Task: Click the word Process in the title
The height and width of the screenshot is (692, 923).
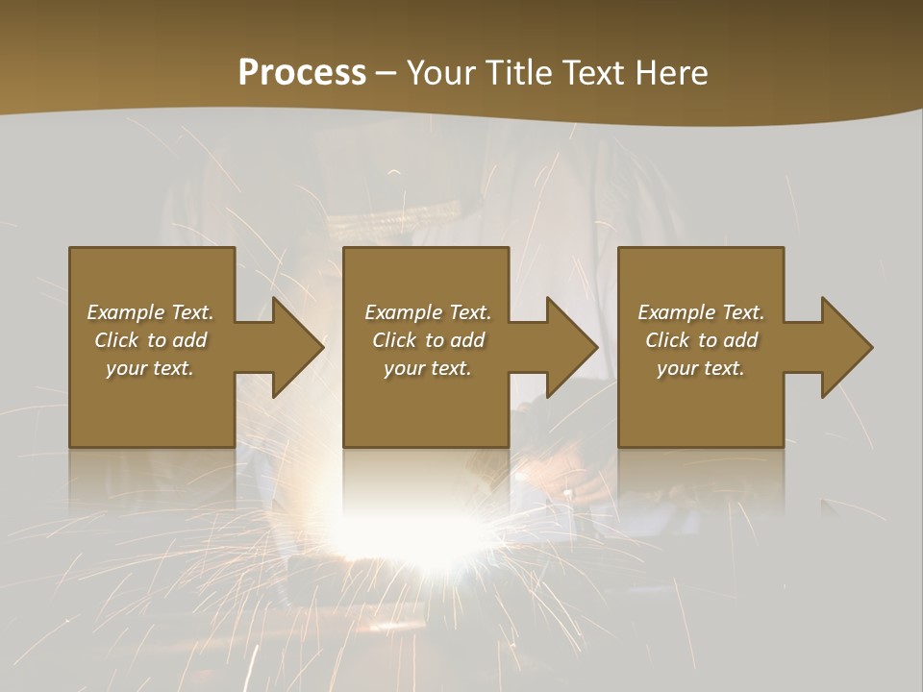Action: [302, 73]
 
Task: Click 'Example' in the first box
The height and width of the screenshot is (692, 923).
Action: [125, 312]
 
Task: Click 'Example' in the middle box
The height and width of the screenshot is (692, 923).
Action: [403, 312]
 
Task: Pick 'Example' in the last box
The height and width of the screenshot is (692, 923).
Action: [676, 312]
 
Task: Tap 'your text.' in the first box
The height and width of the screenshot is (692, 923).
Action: [150, 368]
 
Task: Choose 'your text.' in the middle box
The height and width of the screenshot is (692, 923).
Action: [427, 368]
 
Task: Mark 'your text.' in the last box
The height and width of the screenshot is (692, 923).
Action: [700, 368]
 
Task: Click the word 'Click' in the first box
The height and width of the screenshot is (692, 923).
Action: [116, 340]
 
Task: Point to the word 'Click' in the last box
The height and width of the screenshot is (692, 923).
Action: [667, 340]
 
